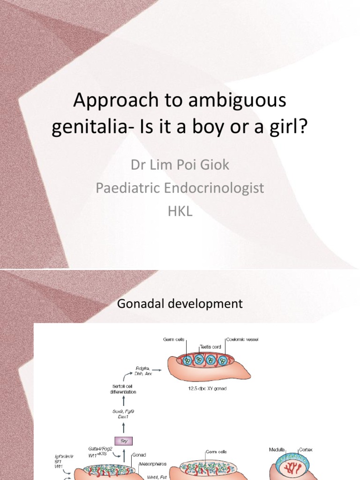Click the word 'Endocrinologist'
(x=217, y=188)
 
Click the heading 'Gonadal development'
(x=180, y=304)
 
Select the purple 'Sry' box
(x=124, y=441)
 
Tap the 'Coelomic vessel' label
(x=242, y=339)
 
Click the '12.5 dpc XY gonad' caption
(x=206, y=389)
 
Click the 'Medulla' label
(x=277, y=450)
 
